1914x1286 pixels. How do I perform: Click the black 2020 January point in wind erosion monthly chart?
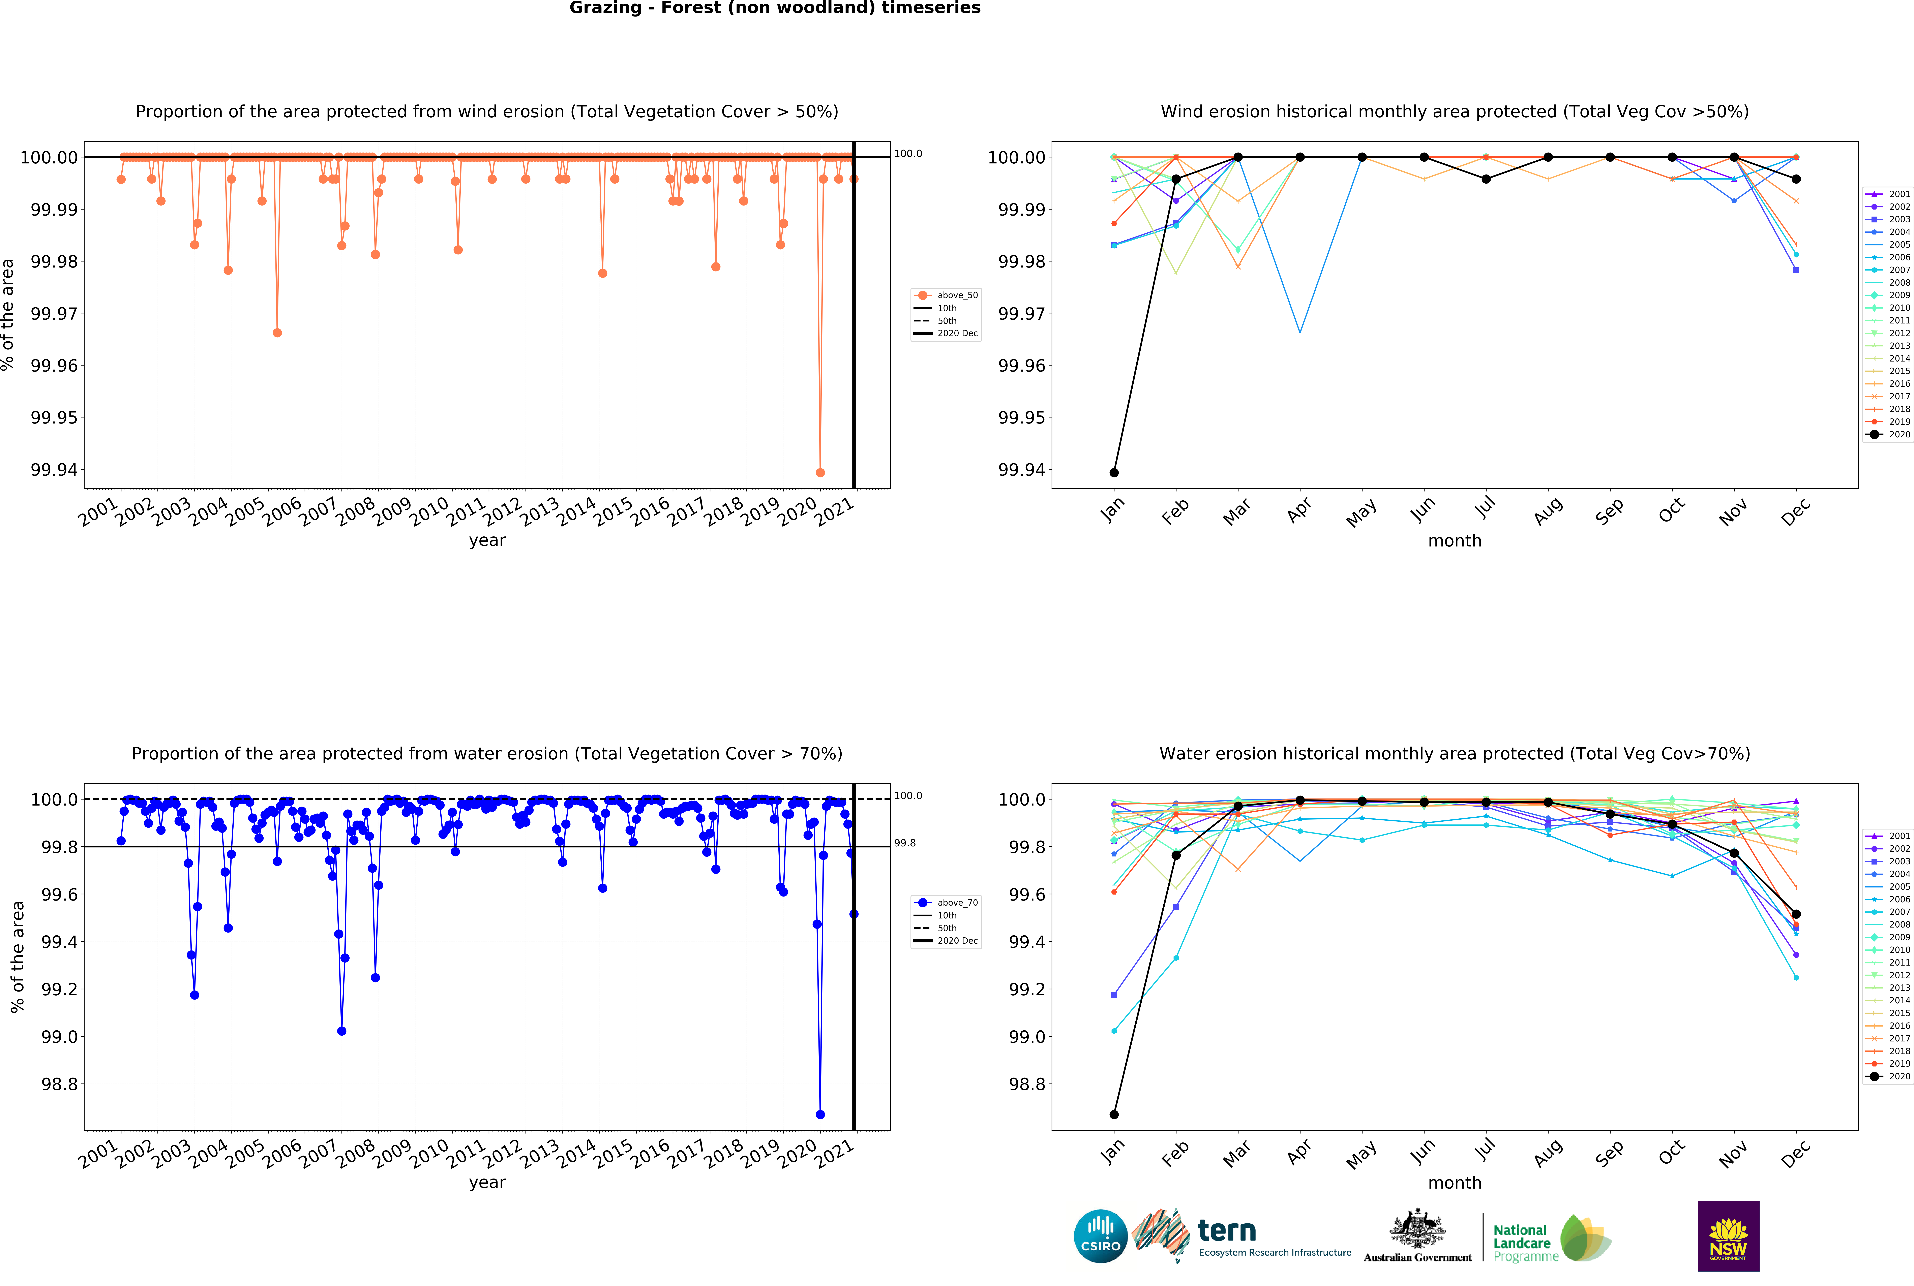(x=1113, y=472)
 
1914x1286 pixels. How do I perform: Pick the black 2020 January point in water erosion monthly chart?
(x=1113, y=1115)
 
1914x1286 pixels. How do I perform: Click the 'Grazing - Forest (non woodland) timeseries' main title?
(x=774, y=8)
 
